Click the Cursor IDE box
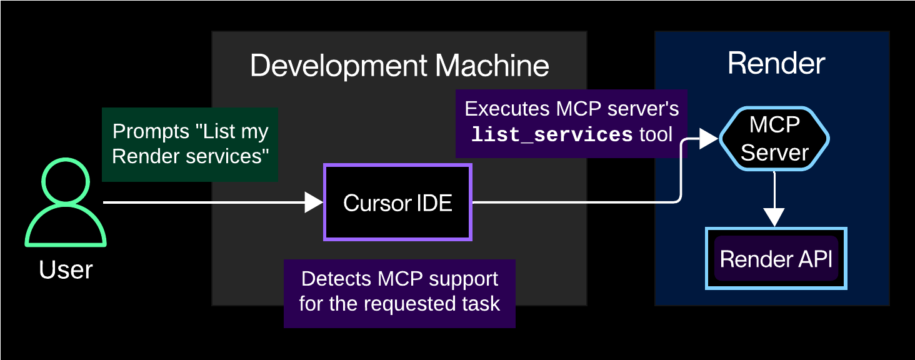coord(397,202)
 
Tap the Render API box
coord(776,259)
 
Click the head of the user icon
coord(65,181)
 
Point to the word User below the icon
coord(66,270)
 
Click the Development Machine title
coord(399,66)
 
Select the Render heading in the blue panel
coord(776,64)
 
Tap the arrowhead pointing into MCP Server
coord(708,139)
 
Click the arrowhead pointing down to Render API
coord(774,217)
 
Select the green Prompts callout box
coord(190,144)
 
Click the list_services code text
coord(551,134)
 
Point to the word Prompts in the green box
coord(151,132)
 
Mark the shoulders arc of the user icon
coord(65,225)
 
